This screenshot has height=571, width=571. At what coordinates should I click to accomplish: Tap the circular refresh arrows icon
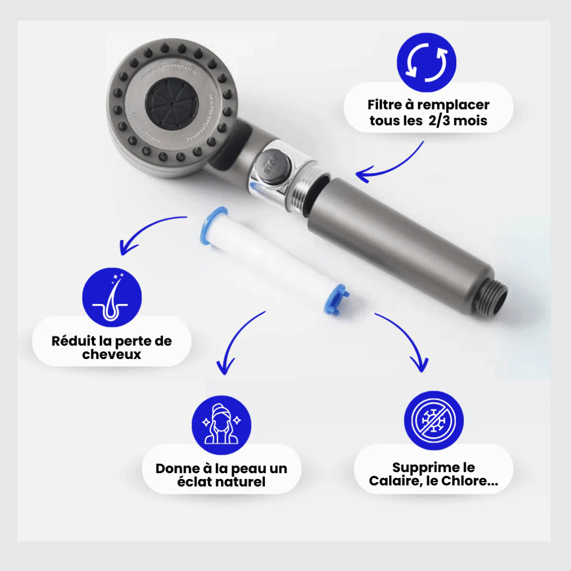point(427,62)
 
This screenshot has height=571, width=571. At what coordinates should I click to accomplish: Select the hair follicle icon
point(112,297)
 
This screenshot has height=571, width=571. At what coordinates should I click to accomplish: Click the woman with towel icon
point(222,425)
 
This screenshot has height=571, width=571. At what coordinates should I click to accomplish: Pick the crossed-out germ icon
point(434,421)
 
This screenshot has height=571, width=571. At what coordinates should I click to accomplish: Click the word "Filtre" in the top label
point(384,105)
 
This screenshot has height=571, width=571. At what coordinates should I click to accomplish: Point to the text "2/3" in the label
point(439,121)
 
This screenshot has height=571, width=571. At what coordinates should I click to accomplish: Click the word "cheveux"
point(112,354)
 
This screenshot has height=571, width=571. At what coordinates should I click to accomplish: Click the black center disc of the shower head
point(172,104)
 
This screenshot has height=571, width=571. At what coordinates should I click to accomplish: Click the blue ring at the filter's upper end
point(213,225)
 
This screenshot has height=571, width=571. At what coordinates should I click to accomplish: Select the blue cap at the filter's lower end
point(336,299)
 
